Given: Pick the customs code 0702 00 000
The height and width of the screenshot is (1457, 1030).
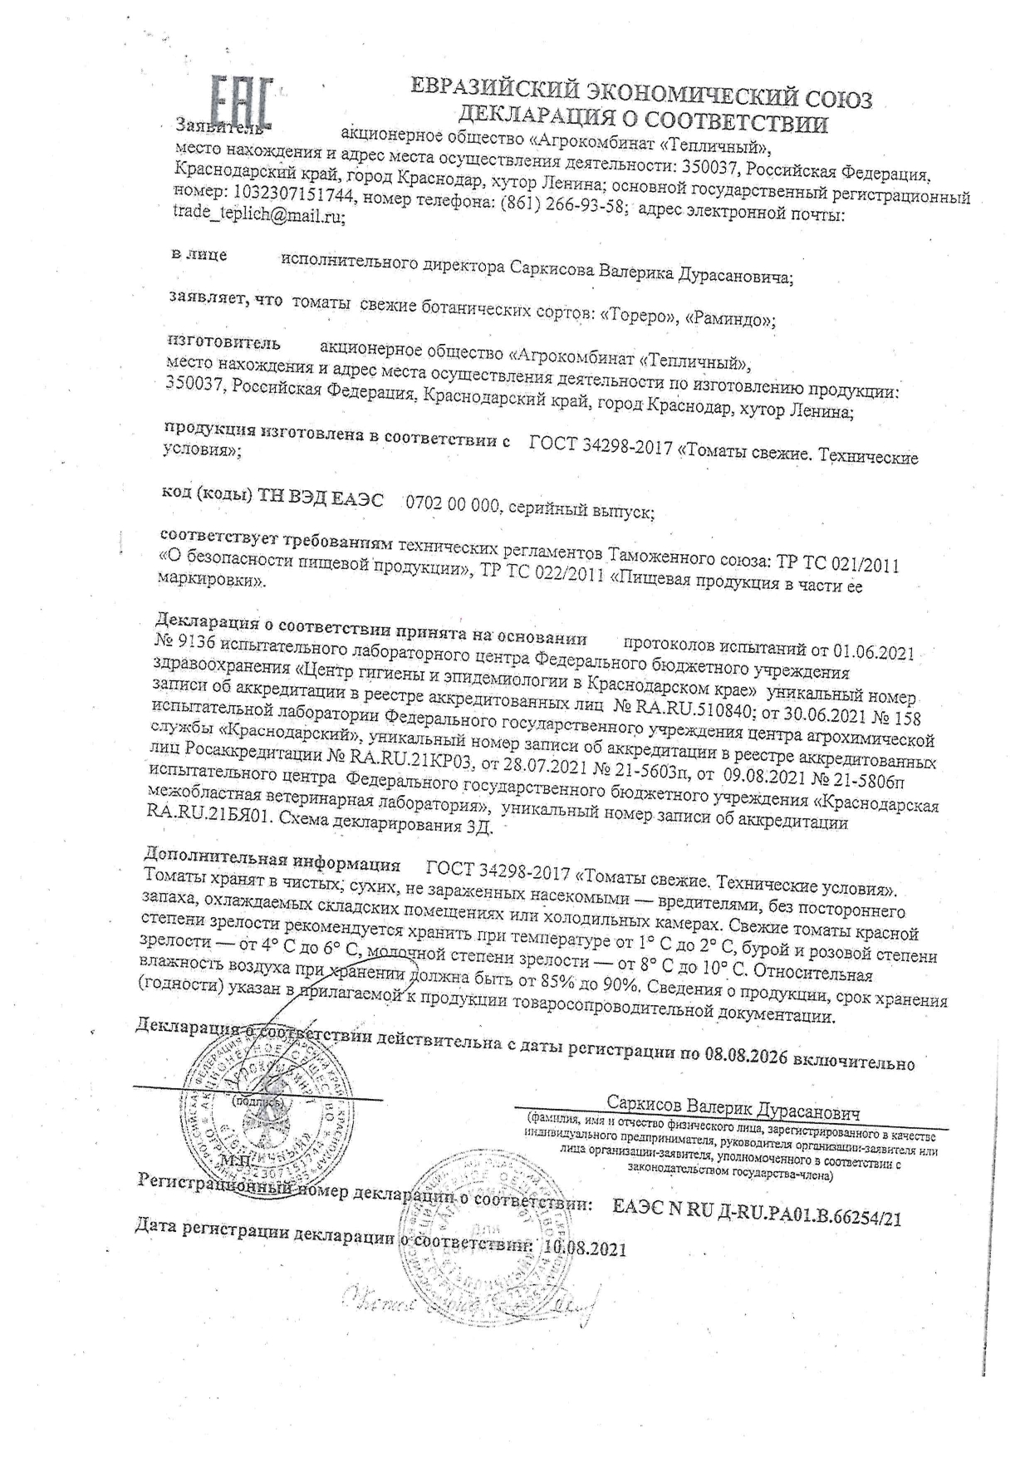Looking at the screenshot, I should click(x=450, y=505).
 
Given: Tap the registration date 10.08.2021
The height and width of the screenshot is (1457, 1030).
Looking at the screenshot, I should click(x=585, y=1249).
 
